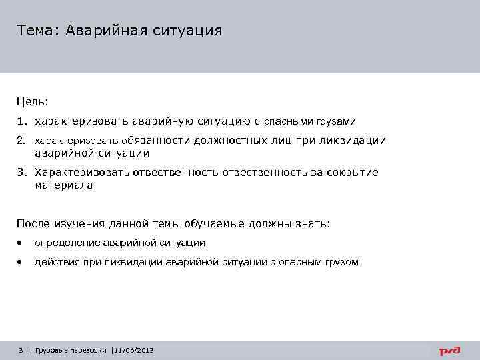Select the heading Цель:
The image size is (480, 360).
point(33,102)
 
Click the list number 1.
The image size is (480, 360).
point(22,121)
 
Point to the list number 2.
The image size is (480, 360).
point(22,141)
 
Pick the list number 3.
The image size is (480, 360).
point(22,173)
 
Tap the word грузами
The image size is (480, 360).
point(337,122)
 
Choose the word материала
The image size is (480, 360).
point(63,185)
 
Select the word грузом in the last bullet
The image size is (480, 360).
point(341,263)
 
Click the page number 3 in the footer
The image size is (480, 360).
point(21,350)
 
